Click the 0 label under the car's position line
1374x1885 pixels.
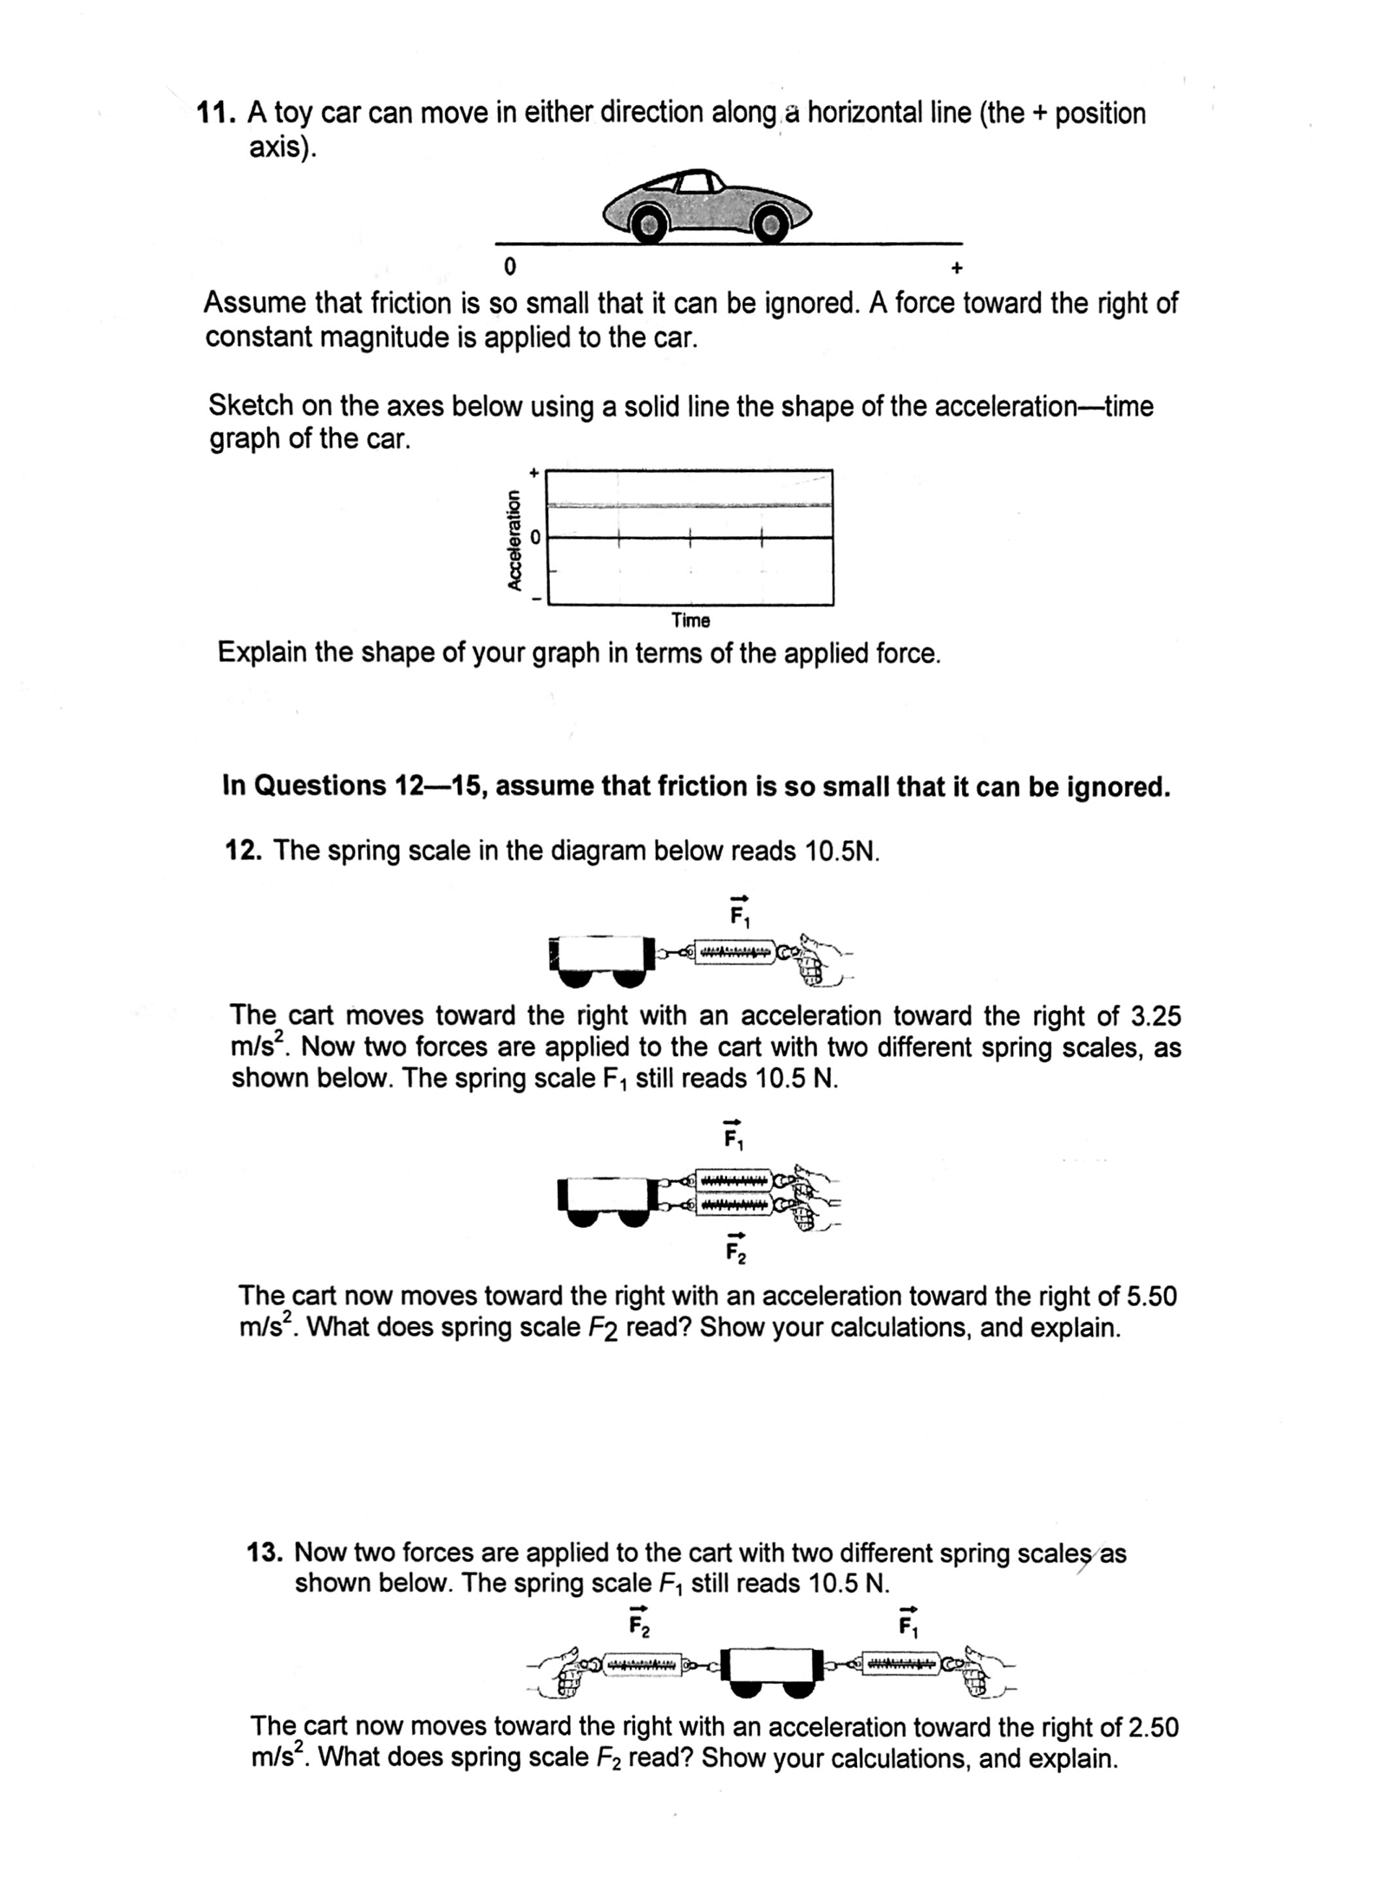[510, 266]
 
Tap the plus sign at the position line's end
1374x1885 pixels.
[957, 267]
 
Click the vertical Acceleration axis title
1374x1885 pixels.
[515, 539]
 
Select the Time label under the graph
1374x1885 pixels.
[690, 621]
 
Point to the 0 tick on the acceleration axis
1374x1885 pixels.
[535, 538]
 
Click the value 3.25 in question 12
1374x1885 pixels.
[1156, 1016]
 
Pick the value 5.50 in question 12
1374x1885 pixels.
[1150, 1297]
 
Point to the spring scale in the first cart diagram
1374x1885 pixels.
[736, 953]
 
